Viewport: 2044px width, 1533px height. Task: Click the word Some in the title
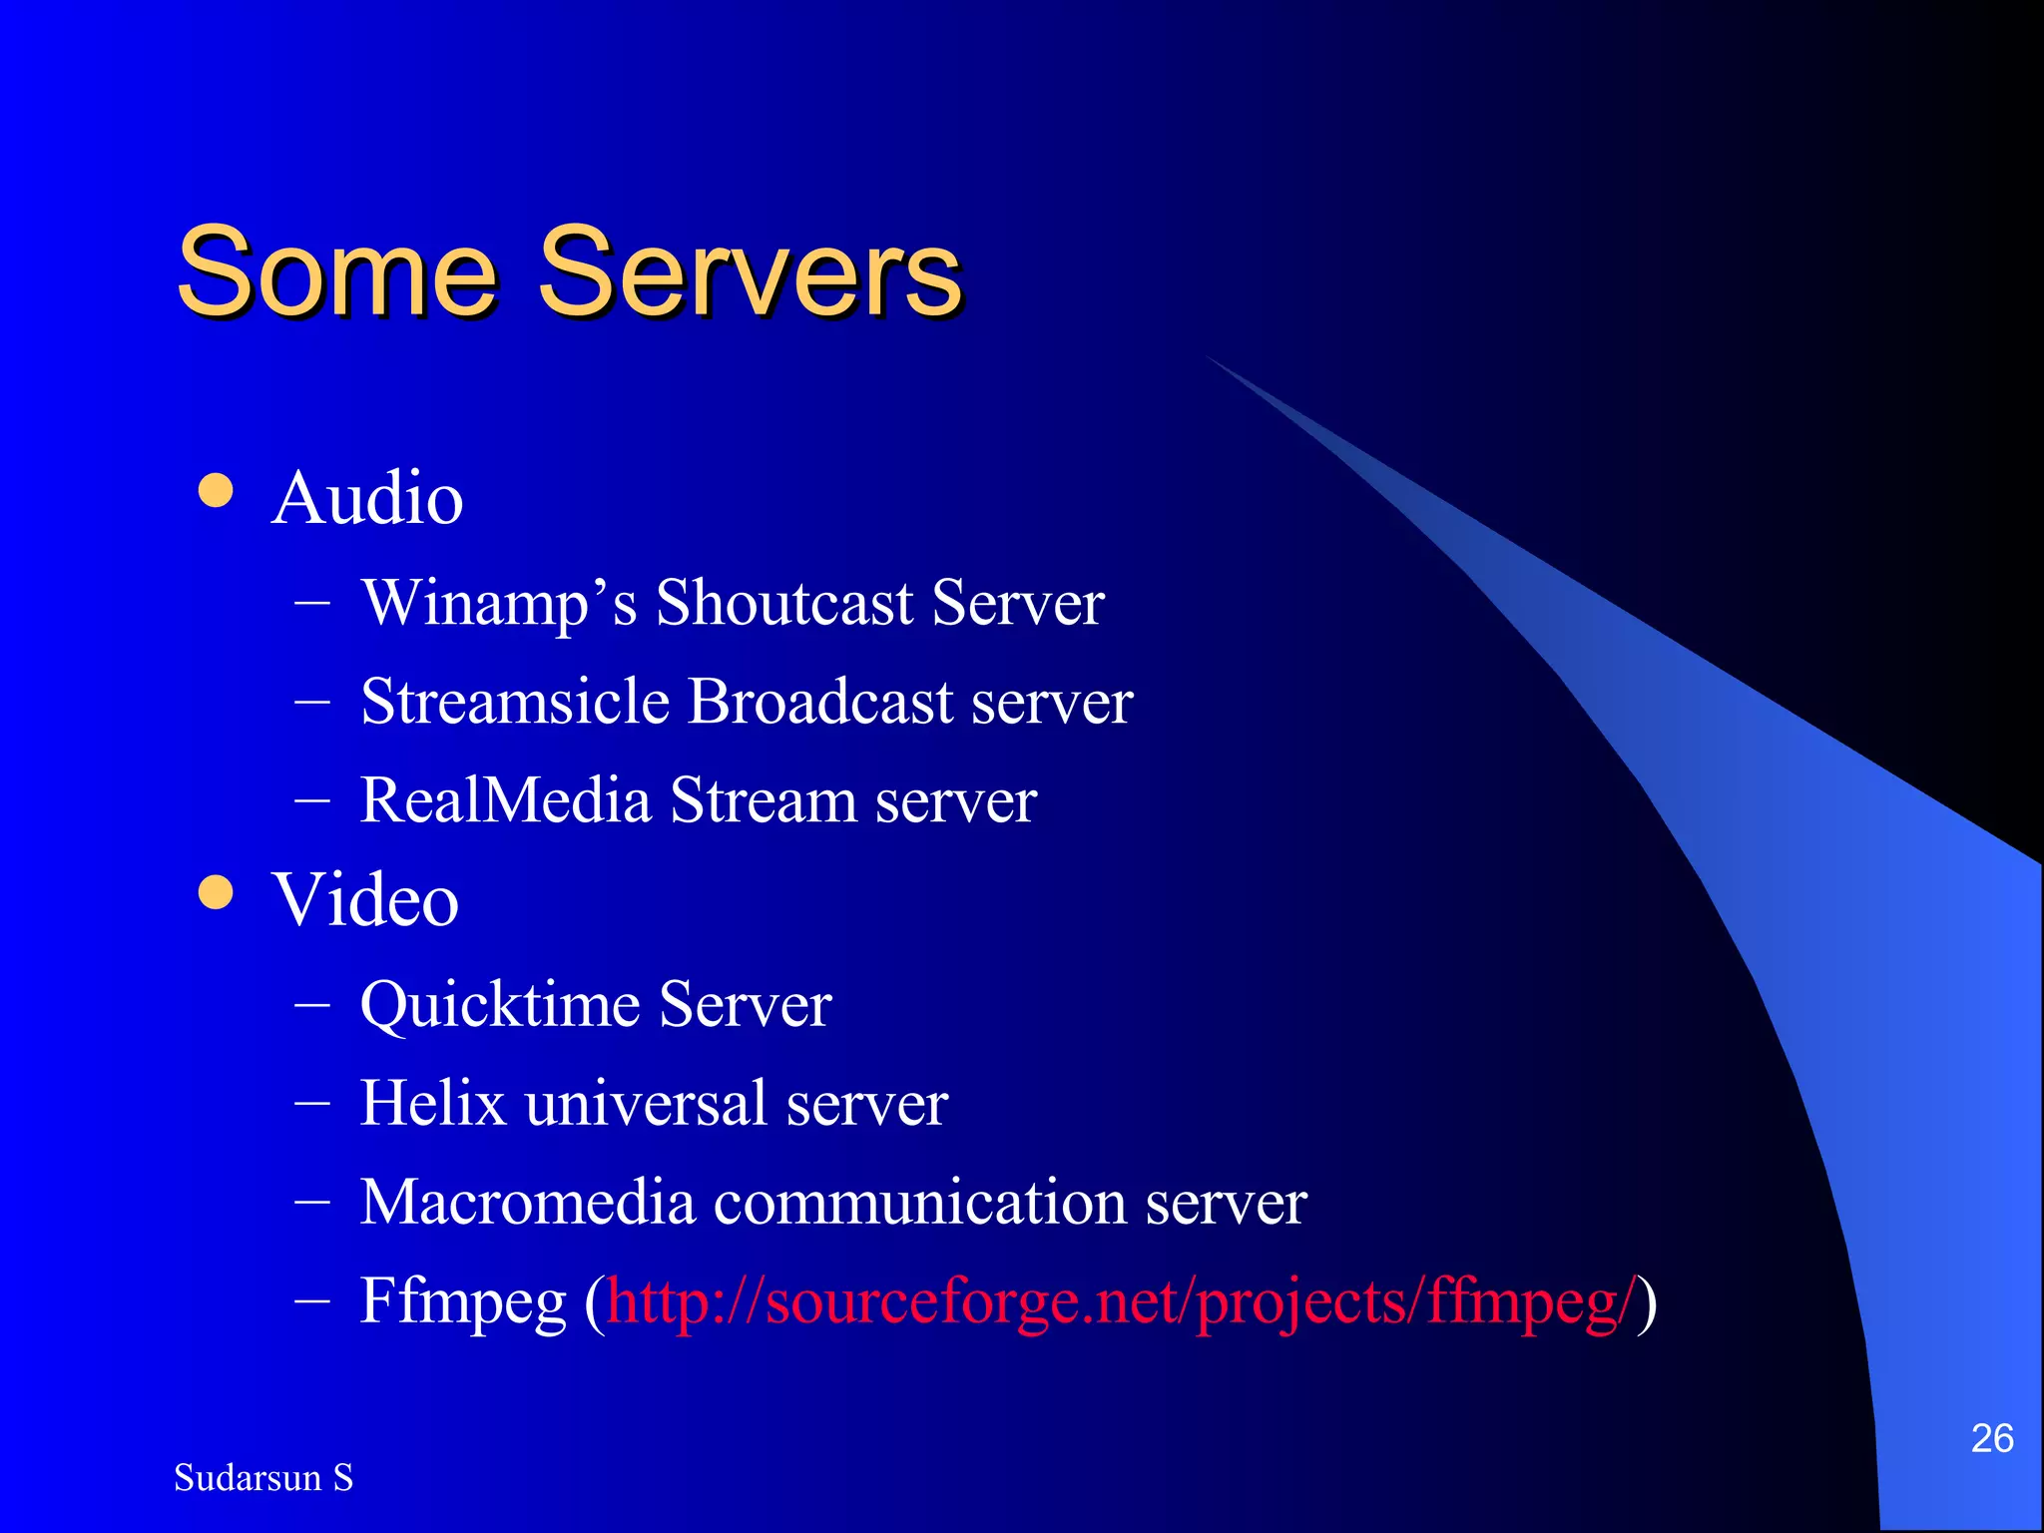[x=336, y=271]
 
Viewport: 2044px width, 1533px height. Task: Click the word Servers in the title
[x=750, y=271]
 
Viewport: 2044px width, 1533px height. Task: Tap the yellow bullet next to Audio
[x=216, y=490]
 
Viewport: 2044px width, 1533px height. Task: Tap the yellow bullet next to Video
[x=216, y=892]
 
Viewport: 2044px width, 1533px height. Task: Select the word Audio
[x=367, y=498]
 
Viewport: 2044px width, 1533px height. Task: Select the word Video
[x=365, y=900]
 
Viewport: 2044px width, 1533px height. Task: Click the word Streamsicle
[x=514, y=702]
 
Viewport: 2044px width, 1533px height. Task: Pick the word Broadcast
[x=820, y=702]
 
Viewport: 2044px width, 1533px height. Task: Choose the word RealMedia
[x=505, y=800]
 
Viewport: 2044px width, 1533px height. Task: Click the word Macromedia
[x=527, y=1202]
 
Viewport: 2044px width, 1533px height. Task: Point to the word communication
[x=919, y=1202]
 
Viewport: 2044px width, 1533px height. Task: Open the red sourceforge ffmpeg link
[x=1122, y=1302]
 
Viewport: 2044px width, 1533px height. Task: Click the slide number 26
[x=1991, y=1438]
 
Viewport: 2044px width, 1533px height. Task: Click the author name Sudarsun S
[x=263, y=1478]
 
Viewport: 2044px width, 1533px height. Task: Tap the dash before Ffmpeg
[x=312, y=1300]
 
